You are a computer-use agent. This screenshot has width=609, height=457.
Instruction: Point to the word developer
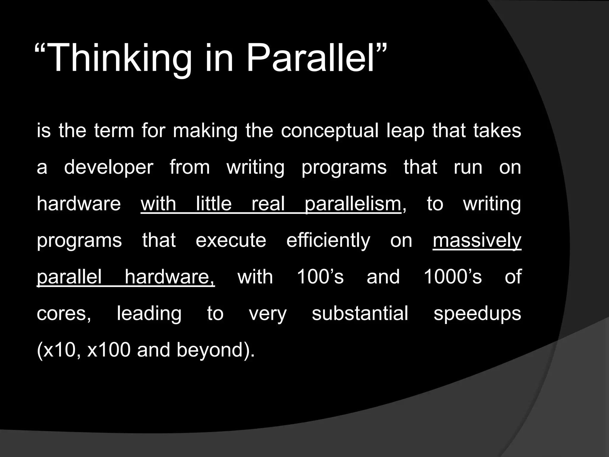point(109,168)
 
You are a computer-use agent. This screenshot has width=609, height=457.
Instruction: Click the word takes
point(497,131)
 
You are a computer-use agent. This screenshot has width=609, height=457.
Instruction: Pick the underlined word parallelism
point(353,204)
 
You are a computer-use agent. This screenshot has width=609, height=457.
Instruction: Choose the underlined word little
point(214,204)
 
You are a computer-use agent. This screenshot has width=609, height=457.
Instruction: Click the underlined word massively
point(477,241)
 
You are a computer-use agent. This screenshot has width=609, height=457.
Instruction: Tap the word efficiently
point(328,241)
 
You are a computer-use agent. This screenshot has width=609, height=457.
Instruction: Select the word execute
point(231,241)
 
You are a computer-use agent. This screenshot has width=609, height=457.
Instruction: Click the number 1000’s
point(452,277)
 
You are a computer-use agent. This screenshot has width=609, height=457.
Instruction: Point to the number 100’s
point(320,277)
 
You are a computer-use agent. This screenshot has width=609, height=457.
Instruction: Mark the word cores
point(64,314)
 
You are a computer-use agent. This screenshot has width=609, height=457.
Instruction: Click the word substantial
point(360,314)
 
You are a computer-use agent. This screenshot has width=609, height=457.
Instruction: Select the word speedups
point(477,314)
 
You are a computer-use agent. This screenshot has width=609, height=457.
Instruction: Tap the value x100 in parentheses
point(109,350)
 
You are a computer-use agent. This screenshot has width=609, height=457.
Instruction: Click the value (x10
point(58,350)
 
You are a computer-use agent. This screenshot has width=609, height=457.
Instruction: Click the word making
point(205,131)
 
